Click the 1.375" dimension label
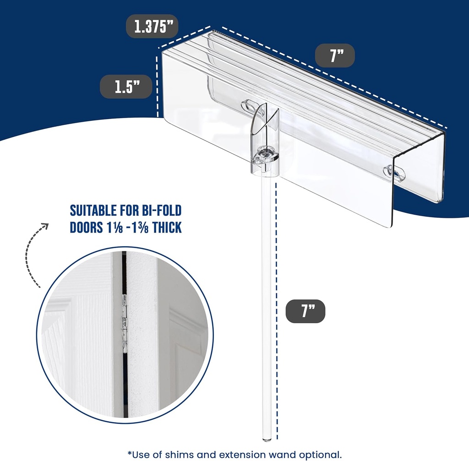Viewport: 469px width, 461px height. click(x=152, y=27)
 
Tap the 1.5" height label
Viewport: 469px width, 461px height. click(x=126, y=87)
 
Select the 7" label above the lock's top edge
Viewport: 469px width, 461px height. click(x=335, y=56)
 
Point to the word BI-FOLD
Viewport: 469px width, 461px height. click(x=161, y=211)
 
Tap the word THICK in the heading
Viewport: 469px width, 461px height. click(x=164, y=227)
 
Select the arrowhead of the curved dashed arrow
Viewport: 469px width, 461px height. click(x=44, y=226)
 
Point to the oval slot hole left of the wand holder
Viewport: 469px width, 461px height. click(x=250, y=105)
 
